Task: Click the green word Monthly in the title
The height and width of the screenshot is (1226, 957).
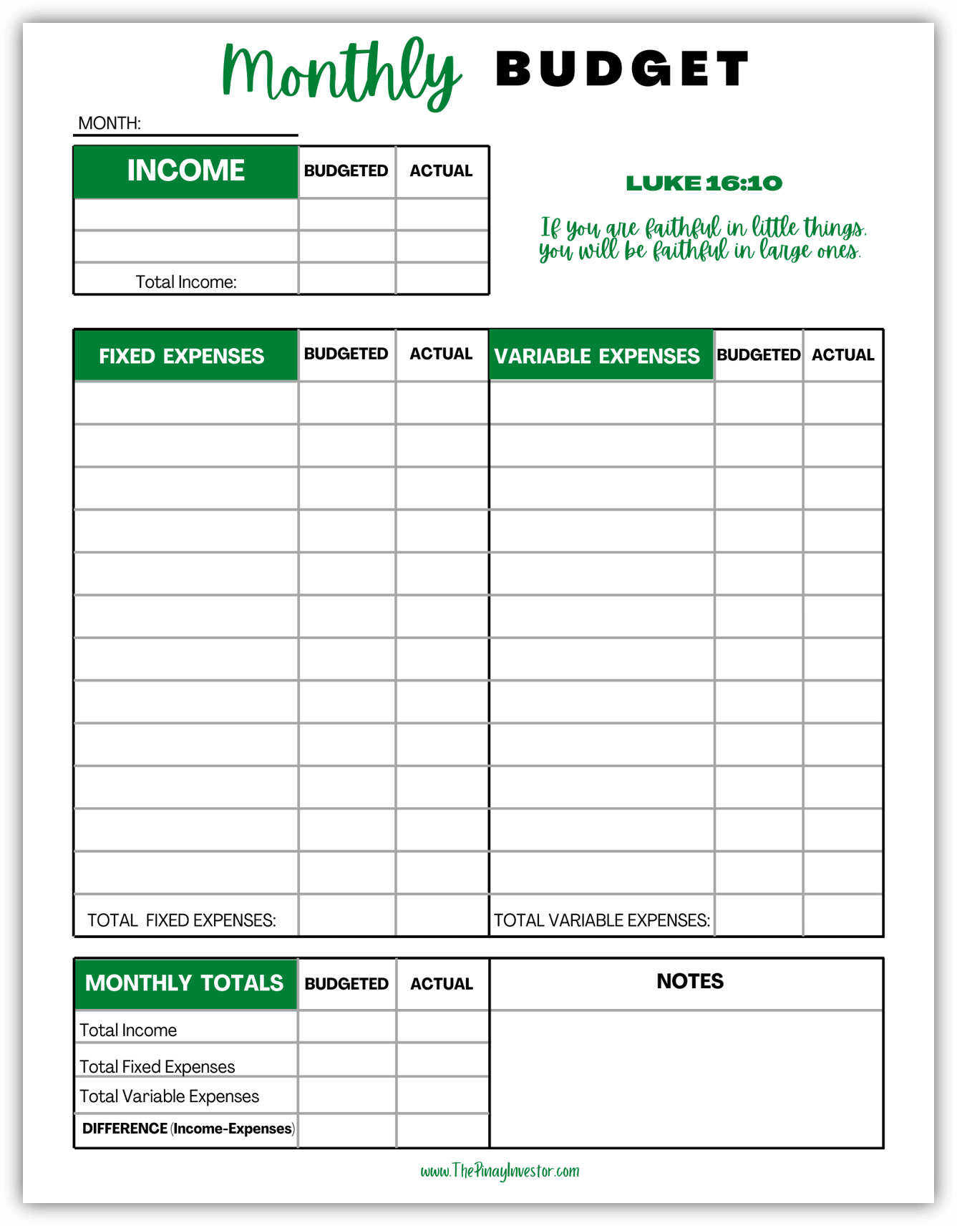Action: click(x=341, y=73)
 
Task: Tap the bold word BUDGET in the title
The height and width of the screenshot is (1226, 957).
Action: click(x=621, y=69)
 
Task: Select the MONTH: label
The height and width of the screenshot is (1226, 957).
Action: click(x=110, y=123)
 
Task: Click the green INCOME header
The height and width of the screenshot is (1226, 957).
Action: click(x=185, y=171)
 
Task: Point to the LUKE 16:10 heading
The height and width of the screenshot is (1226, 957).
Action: click(x=704, y=183)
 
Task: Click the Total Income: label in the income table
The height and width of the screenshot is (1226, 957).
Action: click(x=186, y=282)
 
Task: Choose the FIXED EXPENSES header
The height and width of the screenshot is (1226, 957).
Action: click(x=182, y=356)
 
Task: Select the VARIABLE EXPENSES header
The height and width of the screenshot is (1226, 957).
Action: click(x=597, y=356)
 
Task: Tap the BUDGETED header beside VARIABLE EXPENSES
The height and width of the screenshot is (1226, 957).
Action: click(x=758, y=355)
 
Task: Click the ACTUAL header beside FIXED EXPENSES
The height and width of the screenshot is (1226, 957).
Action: click(x=441, y=354)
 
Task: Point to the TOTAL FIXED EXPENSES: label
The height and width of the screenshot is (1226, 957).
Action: click(x=182, y=920)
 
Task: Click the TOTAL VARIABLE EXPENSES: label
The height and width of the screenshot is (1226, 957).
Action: click(x=602, y=920)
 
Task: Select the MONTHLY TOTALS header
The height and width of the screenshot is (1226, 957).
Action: click(x=184, y=983)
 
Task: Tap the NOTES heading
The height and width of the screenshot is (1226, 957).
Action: click(x=690, y=981)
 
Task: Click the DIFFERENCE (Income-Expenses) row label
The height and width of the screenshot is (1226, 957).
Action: click(x=188, y=1129)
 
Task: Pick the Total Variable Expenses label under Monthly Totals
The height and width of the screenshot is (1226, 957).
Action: click(x=169, y=1096)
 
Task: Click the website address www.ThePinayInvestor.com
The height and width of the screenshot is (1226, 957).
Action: click(x=500, y=1172)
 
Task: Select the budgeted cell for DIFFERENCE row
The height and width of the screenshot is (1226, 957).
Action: click(x=347, y=1130)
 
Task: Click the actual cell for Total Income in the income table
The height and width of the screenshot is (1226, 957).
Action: click(x=442, y=279)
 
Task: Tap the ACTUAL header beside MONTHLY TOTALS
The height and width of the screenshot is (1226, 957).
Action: click(x=442, y=984)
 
